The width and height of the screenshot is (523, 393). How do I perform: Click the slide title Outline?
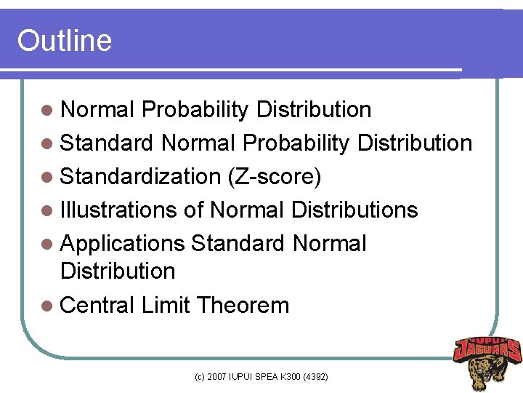pyautogui.click(x=65, y=41)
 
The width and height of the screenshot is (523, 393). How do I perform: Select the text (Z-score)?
pyautogui.click(x=273, y=177)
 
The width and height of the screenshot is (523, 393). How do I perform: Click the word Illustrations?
pyautogui.click(x=118, y=210)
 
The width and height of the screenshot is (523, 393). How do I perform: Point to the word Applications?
pyautogui.click(x=122, y=244)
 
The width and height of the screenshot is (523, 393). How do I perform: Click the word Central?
pyautogui.click(x=97, y=305)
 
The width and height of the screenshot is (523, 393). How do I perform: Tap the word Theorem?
pyautogui.click(x=243, y=305)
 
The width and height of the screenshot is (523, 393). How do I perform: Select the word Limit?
pyautogui.click(x=166, y=305)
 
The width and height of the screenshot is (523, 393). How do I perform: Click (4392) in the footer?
pyautogui.click(x=314, y=377)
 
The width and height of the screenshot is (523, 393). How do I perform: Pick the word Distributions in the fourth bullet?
pyautogui.click(x=354, y=210)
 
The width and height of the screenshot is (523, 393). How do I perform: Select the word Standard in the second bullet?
pyautogui.click(x=107, y=143)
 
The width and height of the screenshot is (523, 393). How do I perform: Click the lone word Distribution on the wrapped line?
pyautogui.click(x=118, y=271)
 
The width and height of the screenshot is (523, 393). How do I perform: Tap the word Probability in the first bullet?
pyautogui.click(x=195, y=110)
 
